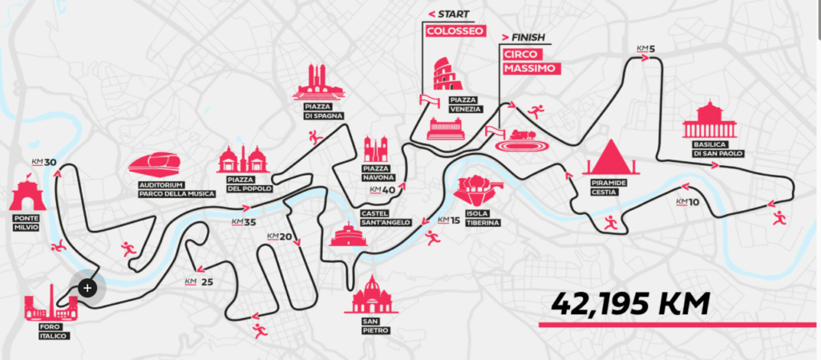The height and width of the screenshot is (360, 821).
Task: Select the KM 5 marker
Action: coord(646,50)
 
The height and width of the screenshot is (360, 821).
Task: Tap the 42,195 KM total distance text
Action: coord(632,304)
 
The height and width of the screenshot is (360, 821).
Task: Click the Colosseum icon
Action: coord(446,75)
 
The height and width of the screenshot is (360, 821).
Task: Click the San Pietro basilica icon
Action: coord(371,295)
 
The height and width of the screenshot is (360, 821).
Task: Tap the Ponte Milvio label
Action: coord(27,222)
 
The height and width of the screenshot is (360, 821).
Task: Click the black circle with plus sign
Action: coord(87,286)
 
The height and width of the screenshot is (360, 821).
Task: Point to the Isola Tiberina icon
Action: coord(477,189)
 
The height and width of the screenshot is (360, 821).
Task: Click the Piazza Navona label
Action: coord(376,173)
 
